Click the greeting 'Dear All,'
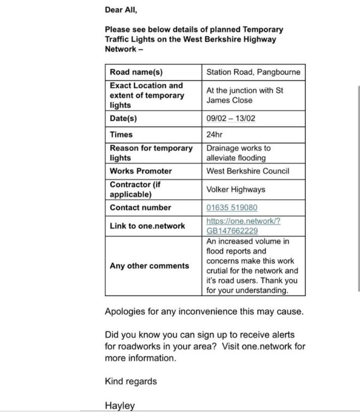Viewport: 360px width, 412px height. (x=120, y=9)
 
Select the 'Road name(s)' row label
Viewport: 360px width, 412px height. (x=136, y=72)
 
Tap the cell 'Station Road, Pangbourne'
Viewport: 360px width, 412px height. (x=253, y=72)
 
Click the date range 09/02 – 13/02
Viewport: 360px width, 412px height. (x=232, y=119)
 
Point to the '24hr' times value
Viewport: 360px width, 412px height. (x=214, y=134)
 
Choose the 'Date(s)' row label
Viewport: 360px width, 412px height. (x=123, y=119)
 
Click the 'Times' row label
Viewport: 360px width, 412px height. (x=121, y=134)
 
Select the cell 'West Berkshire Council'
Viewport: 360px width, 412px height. (x=248, y=171)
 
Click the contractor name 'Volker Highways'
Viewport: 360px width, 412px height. (x=235, y=190)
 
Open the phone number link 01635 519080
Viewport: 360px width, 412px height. (x=232, y=208)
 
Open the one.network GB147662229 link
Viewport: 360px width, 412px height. (x=243, y=226)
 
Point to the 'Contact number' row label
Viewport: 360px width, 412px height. (x=140, y=208)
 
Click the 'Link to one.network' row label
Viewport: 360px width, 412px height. (x=147, y=225)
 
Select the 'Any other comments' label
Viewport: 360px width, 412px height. (x=149, y=266)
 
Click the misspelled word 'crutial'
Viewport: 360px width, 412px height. (x=218, y=271)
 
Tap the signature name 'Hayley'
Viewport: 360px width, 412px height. (x=120, y=406)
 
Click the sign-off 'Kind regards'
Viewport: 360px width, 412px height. (x=131, y=381)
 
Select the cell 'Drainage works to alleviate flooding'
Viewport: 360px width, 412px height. (x=238, y=153)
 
